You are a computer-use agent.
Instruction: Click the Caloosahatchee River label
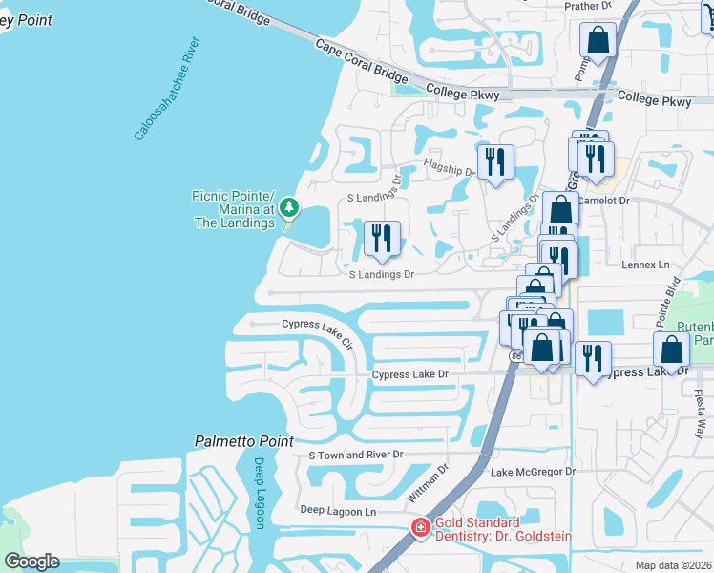168,89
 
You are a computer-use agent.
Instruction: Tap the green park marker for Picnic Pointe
288,207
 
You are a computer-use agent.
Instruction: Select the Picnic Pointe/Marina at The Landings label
234,209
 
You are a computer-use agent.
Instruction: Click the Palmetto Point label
244,441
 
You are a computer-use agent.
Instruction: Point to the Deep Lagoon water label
260,492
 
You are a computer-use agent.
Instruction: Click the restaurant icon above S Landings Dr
383,238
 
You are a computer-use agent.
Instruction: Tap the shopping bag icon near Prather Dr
598,40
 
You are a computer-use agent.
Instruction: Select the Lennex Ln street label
646,264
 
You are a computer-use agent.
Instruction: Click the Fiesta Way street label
701,412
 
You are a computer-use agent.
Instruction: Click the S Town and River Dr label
356,455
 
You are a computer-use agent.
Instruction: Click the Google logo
31,562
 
